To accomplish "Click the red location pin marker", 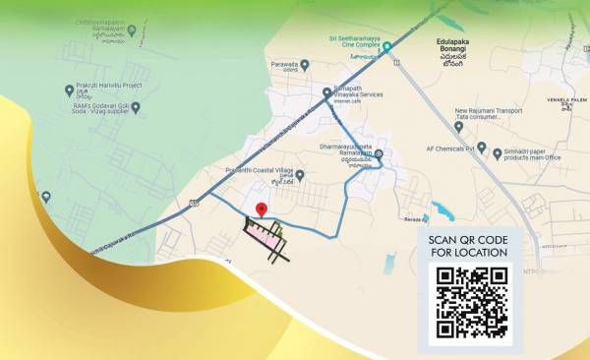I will tap(262, 210).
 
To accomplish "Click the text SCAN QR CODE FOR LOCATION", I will tap(468, 246).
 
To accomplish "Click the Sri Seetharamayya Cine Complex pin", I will tap(387, 46).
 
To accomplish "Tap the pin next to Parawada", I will tap(305, 65).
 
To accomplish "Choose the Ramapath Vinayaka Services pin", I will tap(327, 92).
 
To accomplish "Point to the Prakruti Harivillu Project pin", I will tap(68, 89).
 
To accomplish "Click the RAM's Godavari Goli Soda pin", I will tap(136, 106).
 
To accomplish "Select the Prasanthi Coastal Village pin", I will tap(299, 175).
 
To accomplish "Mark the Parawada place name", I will tap(284, 65).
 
